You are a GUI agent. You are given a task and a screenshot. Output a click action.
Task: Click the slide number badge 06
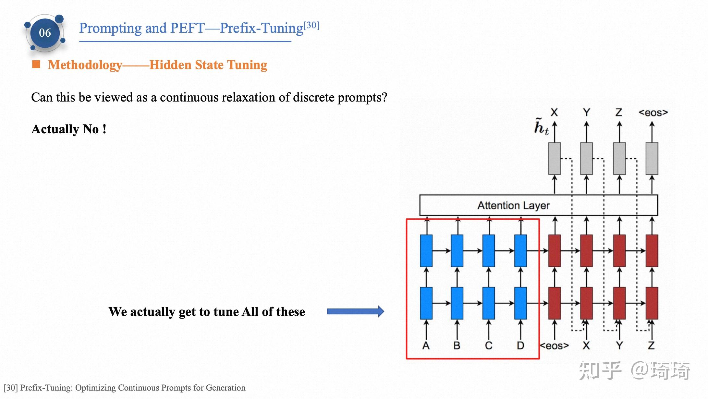click(45, 33)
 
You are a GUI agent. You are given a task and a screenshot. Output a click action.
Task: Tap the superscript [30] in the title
click(311, 25)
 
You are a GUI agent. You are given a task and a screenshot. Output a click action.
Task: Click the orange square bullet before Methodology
click(36, 64)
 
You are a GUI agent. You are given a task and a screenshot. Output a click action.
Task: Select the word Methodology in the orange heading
click(85, 65)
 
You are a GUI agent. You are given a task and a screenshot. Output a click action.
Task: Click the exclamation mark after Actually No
click(104, 129)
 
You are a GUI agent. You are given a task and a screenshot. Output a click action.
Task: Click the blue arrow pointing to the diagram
click(355, 311)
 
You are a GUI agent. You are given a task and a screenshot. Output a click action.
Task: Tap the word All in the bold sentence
click(250, 312)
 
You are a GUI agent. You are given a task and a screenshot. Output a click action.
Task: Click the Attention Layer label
click(513, 205)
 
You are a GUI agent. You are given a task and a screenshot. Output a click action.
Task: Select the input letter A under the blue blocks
click(426, 345)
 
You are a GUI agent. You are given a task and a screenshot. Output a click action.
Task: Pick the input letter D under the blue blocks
click(520, 345)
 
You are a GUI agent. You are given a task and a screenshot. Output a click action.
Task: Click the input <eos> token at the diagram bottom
click(554, 346)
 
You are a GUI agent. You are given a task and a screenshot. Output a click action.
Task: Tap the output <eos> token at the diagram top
click(653, 113)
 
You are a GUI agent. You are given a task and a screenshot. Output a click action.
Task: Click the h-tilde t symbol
click(541, 127)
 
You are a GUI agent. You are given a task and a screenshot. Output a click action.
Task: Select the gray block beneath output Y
click(586, 159)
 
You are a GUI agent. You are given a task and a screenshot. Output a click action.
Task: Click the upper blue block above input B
click(457, 251)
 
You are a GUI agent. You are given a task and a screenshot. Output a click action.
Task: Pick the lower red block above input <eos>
click(555, 303)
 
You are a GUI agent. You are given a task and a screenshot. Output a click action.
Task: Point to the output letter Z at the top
click(619, 112)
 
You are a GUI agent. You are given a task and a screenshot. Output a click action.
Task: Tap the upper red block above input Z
click(652, 251)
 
